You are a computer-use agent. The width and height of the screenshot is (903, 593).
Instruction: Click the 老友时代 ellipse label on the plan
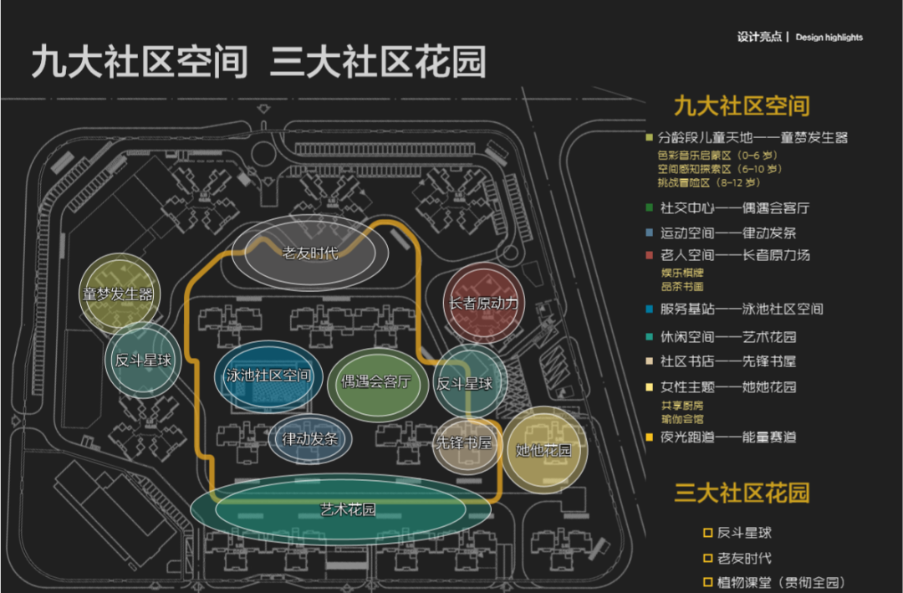(x=310, y=253)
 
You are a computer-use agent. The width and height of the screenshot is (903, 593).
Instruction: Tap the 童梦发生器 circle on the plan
(x=120, y=294)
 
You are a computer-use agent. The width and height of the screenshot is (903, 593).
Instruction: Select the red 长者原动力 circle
(x=484, y=304)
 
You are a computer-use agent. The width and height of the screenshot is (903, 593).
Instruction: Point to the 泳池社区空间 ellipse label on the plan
(x=268, y=376)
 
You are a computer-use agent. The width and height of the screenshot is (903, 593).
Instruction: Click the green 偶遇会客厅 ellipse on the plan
(x=376, y=382)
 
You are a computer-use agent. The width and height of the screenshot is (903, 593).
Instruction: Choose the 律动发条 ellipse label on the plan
(x=310, y=437)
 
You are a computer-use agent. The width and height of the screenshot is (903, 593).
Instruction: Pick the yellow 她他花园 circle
(x=544, y=451)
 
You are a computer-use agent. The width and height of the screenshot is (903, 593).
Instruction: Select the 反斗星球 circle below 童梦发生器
(x=143, y=360)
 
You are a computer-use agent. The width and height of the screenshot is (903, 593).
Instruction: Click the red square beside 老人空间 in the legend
(x=650, y=255)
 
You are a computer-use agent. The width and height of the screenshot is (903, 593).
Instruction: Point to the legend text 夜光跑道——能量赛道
(x=727, y=437)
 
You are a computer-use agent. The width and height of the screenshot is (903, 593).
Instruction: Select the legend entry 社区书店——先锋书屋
(x=727, y=361)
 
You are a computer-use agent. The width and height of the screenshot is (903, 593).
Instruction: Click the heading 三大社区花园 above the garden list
(x=742, y=492)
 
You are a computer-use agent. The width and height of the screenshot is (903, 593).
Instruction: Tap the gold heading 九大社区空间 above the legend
(x=742, y=106)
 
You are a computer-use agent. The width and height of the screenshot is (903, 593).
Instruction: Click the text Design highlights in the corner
(x=829, y=38)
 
